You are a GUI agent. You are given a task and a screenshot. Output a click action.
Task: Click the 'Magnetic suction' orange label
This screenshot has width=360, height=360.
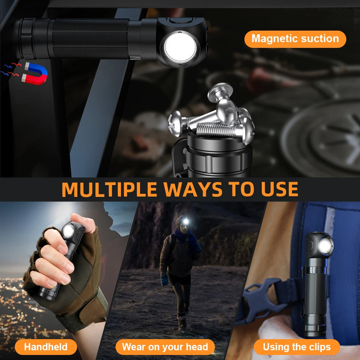pos(295,39)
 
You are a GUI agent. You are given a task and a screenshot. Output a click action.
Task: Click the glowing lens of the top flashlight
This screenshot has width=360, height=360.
pos(180,48)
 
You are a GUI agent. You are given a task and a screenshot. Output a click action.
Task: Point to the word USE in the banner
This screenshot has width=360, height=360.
pos(279,189)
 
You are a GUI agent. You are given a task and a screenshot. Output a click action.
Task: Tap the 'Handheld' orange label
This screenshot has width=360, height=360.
pos(46,347)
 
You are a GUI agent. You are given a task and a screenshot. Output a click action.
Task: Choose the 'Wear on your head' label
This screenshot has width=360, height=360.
pos(165,347)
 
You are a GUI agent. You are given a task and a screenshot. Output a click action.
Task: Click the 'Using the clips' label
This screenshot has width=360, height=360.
pos(297,347)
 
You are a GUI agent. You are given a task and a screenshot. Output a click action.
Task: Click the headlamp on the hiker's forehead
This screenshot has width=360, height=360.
pos(185,222)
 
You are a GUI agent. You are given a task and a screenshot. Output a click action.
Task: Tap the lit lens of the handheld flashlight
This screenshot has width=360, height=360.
pos(68,230)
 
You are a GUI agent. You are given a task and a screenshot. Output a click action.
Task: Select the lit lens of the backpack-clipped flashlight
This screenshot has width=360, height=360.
pos(325,247)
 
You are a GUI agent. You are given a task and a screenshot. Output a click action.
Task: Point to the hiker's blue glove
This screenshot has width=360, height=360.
pos(164,280)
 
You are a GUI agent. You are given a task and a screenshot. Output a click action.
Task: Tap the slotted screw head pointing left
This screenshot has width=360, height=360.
pos(175,123)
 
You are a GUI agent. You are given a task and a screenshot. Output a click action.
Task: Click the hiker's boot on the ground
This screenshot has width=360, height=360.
pos(182,324)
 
